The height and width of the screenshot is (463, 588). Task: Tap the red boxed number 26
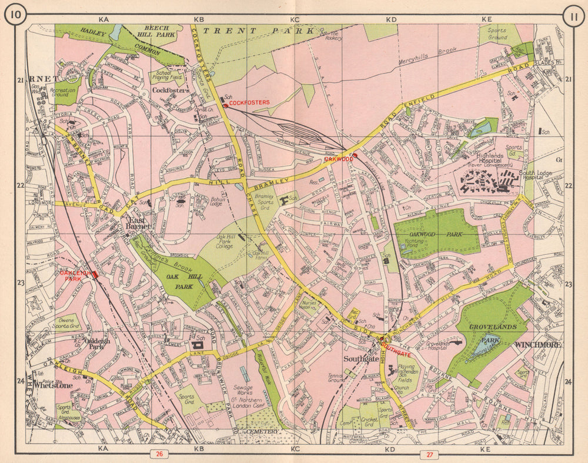click(x=158, y=454)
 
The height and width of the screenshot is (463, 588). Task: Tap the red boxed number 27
click(x=429, y=454)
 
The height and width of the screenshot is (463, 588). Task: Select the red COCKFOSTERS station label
click(x=249, y=102)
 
